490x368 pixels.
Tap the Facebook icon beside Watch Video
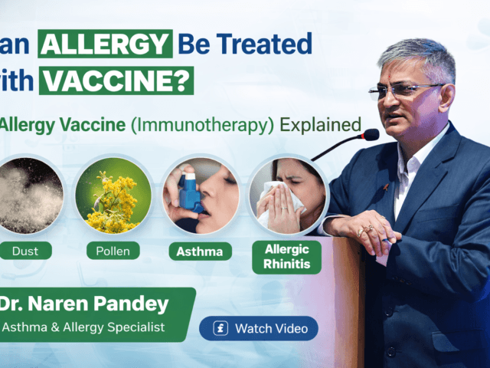(x=220, y=329)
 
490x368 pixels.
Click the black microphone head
(x=371, y=135)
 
